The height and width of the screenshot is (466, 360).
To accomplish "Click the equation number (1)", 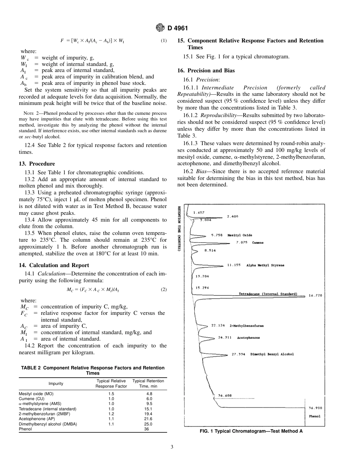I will point(164,41).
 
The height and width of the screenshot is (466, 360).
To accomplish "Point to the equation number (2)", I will point(164,289).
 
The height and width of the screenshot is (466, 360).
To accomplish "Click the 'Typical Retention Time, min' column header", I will point(148,383).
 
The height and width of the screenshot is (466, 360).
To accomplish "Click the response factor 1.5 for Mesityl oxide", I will point(111,394).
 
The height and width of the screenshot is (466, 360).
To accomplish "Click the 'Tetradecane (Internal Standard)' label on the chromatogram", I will point(268,294).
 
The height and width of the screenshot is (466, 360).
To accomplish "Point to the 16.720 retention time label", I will point(315,295).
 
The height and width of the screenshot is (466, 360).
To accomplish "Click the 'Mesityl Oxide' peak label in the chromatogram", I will point(239,235).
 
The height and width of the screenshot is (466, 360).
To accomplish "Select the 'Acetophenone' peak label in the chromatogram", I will point(248,338).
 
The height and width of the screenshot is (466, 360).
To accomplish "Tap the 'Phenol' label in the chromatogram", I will point(315,416).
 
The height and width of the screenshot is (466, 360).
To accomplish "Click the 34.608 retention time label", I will point(225,395).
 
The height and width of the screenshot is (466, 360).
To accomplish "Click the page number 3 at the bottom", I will point(172,447).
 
